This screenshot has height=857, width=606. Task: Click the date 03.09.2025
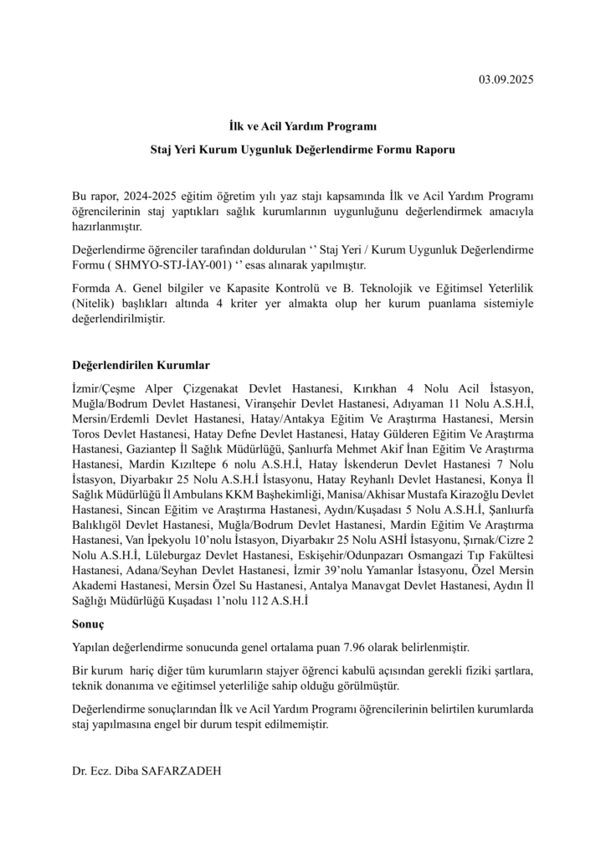coord(506,80)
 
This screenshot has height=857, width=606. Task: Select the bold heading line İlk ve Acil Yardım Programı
coord(303,126)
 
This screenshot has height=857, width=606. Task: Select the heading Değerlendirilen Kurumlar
coord(140,366)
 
